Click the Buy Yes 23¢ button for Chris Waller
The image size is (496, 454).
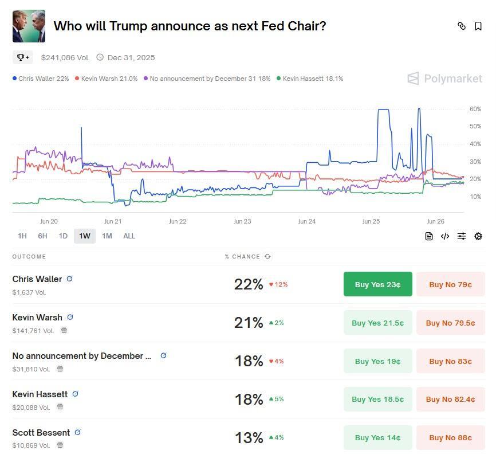click(377, 284)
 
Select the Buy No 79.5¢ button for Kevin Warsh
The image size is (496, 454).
click(450, 323)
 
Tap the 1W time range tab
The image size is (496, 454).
click(85, 236)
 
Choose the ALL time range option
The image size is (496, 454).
click(129, 236)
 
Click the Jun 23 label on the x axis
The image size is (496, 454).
click(242, 221)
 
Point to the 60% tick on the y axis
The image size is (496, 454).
click(475, 109)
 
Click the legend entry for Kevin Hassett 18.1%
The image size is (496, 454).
click(310, 79)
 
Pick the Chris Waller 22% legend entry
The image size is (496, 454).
click(41, 79)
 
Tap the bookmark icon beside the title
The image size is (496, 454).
click(478, 26)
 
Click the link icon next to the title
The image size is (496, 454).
click(462, 26)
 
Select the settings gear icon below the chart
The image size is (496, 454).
click(478, 236)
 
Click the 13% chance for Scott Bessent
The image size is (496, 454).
click(249, 437)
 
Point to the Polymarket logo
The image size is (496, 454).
click(445, 79)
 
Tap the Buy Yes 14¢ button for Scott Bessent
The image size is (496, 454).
click(377, 437)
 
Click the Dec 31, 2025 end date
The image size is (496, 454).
click(131, 57)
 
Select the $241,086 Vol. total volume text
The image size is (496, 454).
click(65, 57)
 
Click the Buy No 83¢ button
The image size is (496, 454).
click(450, 361)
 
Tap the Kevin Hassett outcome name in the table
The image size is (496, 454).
click(40, 394)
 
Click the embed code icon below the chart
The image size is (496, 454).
click(445, 236)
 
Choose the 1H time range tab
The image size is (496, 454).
click(22, 236)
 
